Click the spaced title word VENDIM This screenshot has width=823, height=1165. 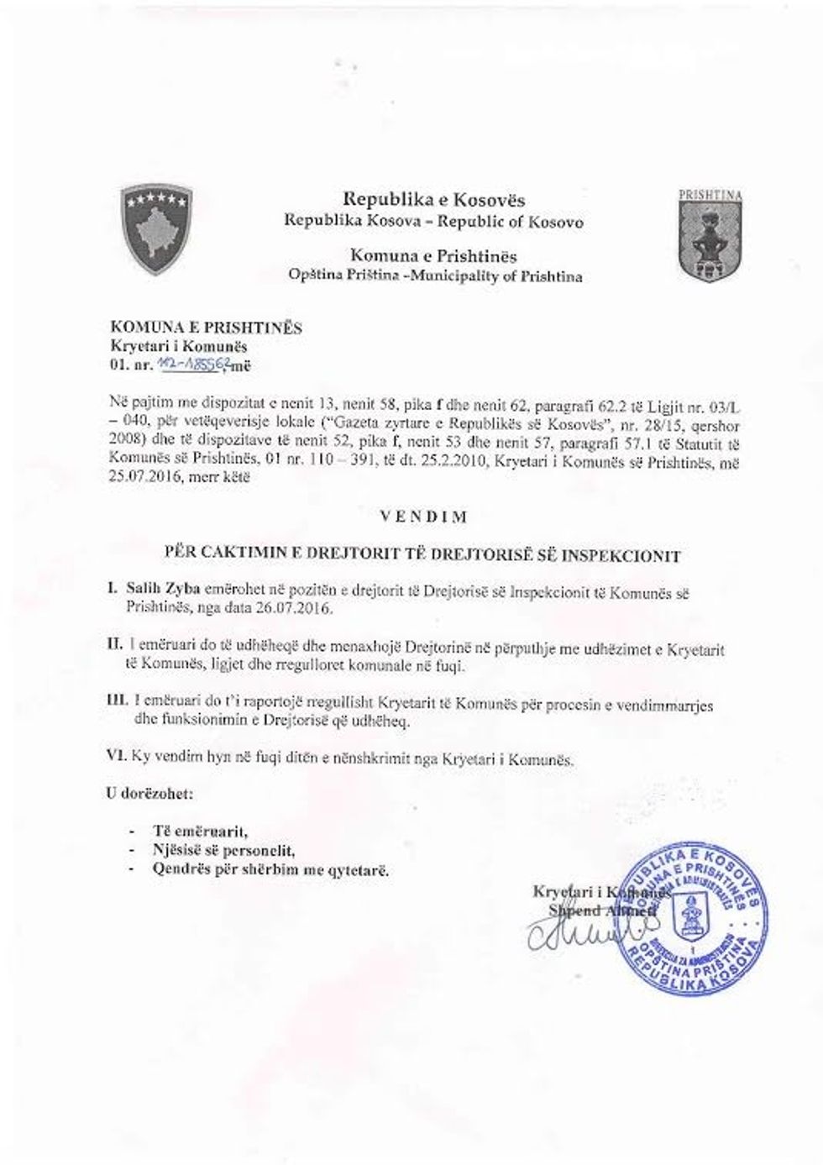coord(423,517)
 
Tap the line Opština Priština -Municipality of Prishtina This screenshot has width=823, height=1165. coord(433,276)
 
